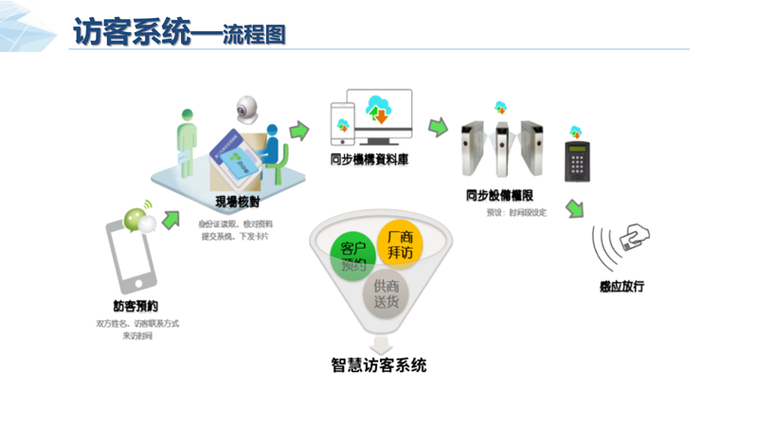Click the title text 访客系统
[x=131, y=32]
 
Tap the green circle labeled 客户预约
[x=347, y=253]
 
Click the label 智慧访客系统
[x=379, y=364]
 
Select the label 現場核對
[x=237, y=201]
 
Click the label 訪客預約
[x=135, y=306]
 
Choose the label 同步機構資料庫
[x=369, y=159]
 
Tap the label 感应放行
[x=623, y=285]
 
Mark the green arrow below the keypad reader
[x=573, y=208]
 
